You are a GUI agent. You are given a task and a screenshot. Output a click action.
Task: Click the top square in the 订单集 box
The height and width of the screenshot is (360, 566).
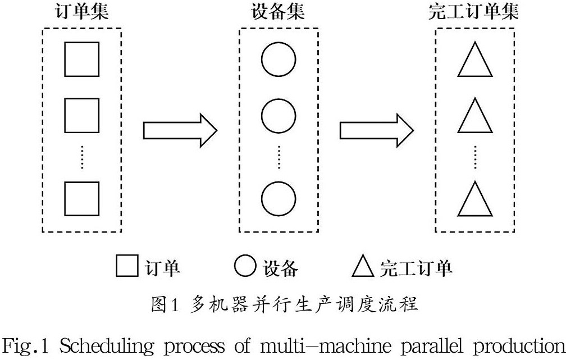pyautogui.click(x=81, y=58)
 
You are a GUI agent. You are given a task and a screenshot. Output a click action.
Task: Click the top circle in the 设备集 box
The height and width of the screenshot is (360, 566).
pyautogui.click(x=279, y=58)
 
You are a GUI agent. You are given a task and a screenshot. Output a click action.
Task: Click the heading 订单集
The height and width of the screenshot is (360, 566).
pyautogui.click(x=81, y=12)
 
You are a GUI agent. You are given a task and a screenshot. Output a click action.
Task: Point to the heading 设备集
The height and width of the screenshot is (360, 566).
pyautogui.click(x=279, y=12)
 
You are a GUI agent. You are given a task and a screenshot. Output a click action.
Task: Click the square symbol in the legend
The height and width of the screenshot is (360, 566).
pyautogui.click(x=127, y=266)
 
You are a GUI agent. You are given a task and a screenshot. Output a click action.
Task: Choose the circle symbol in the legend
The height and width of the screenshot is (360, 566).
pyautogui.click(x=244, y=266)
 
